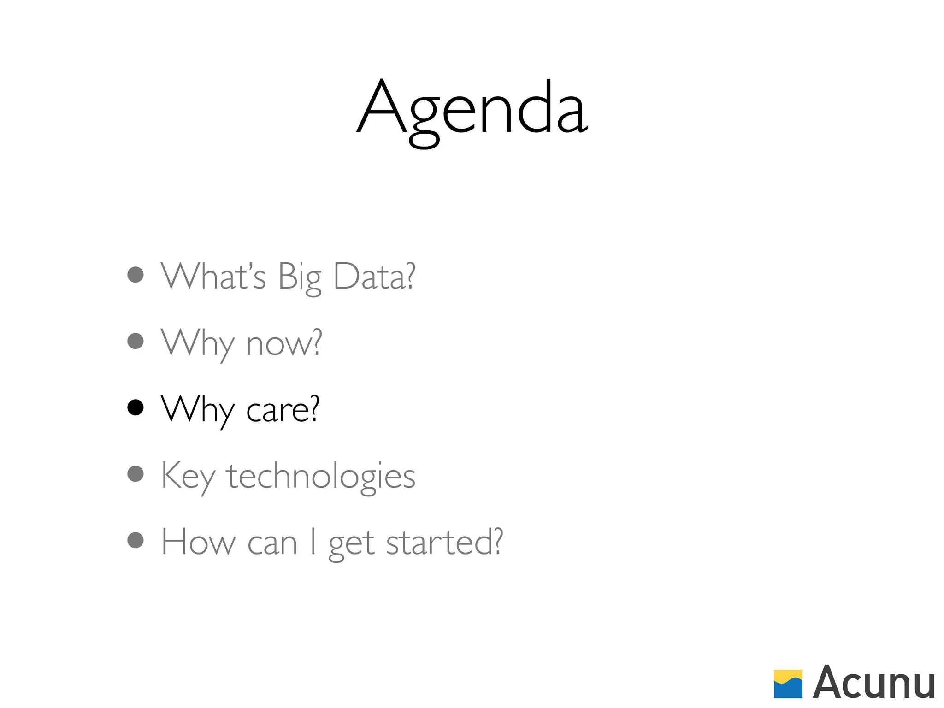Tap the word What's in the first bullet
[x=213, y=276]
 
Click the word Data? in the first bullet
[x=374, y=276]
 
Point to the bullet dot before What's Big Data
[x=136, y=275]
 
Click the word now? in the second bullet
[x=284, y=343]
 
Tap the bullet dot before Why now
[x=136, y=341]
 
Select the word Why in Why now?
[x=198, y=343]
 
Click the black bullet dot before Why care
[x=136, y=407]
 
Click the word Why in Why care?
[x=198, y=410]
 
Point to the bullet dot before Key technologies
[x=136, y=474]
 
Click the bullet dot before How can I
[x=136, y=540]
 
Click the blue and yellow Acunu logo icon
[x=788, y=684]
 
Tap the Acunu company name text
[x=873, y=683]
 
